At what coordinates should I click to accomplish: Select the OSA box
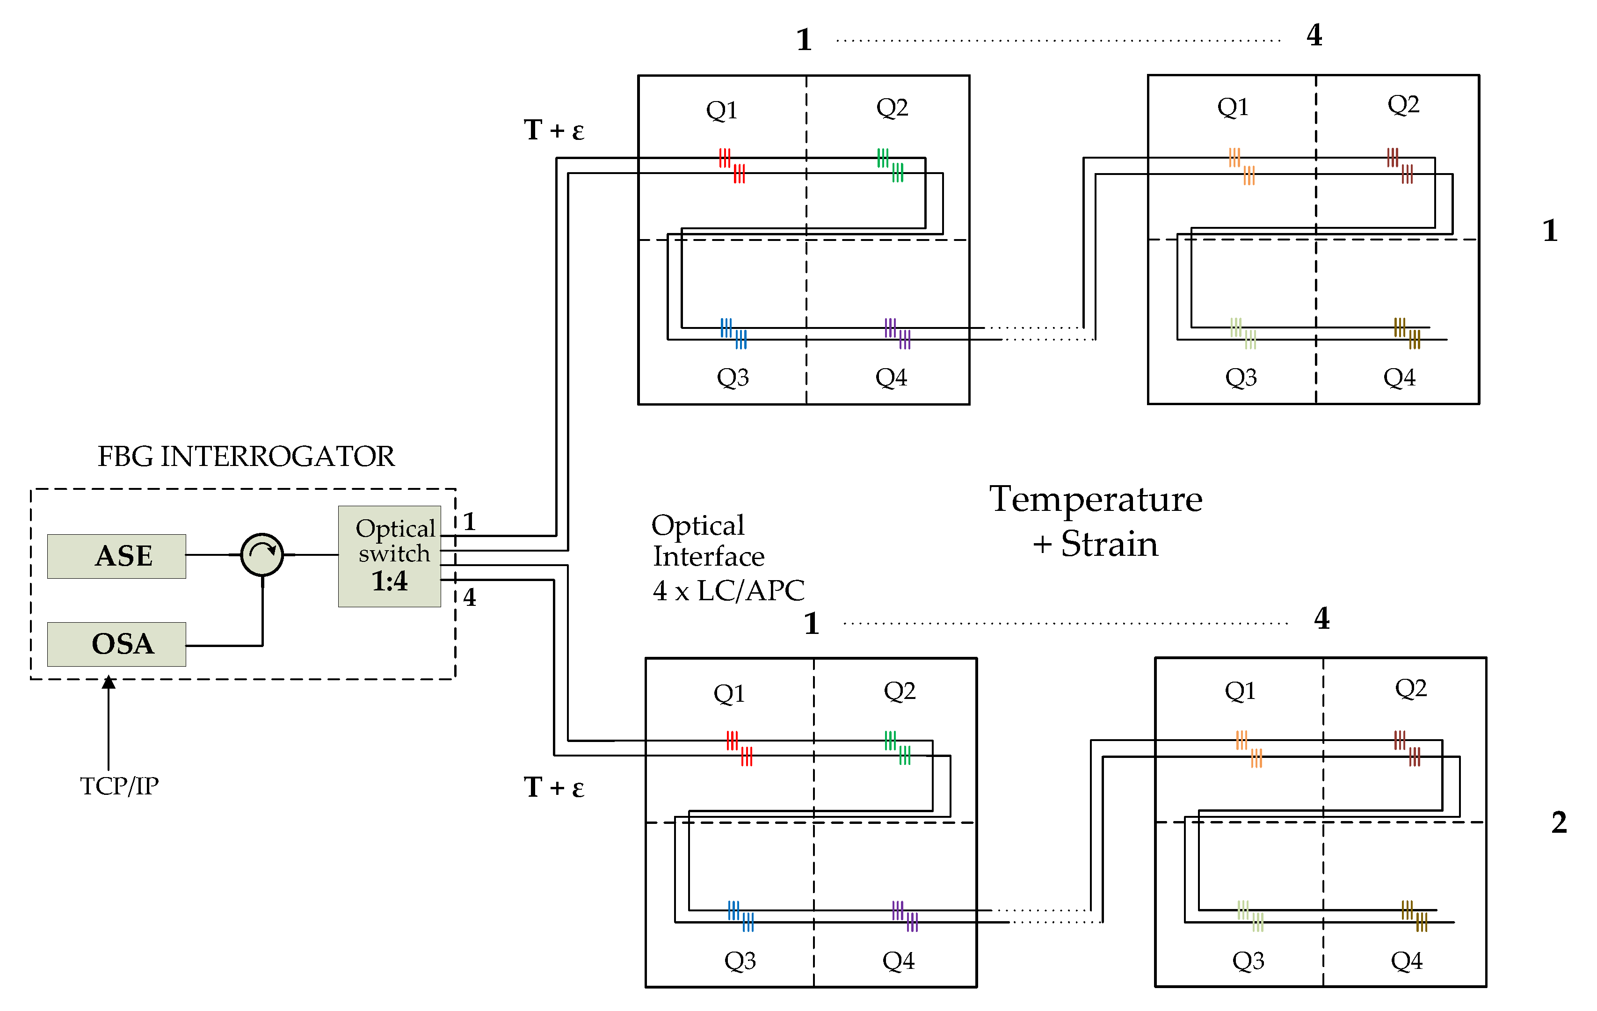click(x=117, y=644)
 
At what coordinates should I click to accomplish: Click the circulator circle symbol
click(x=262, y=554)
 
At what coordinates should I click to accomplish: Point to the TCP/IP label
click(x=119, y=786)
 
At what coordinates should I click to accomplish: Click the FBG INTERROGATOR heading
click(x=246, y=457)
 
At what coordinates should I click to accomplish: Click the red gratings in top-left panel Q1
click(x=732, y=165)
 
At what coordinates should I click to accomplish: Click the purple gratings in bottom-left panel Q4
click(x=905, y=916)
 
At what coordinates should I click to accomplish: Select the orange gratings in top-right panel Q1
click(x=1241, y=166)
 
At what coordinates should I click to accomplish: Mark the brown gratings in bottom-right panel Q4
click(x=1414, y=916)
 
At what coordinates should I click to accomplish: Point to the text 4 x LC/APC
click(x=728, y=590)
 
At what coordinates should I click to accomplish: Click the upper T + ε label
click(x=554, y=130)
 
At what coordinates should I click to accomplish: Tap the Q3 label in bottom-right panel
click(x=1248, y=960)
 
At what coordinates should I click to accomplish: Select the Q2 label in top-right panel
click(x=1403, y=104)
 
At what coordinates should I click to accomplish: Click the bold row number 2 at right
click(x=1559, y=822)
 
